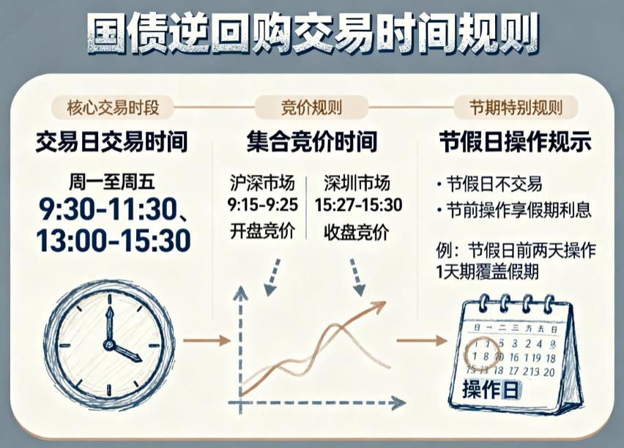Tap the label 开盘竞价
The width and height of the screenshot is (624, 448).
coord(263,231)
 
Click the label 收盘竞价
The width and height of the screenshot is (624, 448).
coord(358,231)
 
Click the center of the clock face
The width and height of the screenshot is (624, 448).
coord(110,341)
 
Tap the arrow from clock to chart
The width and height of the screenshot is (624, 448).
coord(206,340)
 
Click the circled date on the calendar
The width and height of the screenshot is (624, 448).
coord(478,355)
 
